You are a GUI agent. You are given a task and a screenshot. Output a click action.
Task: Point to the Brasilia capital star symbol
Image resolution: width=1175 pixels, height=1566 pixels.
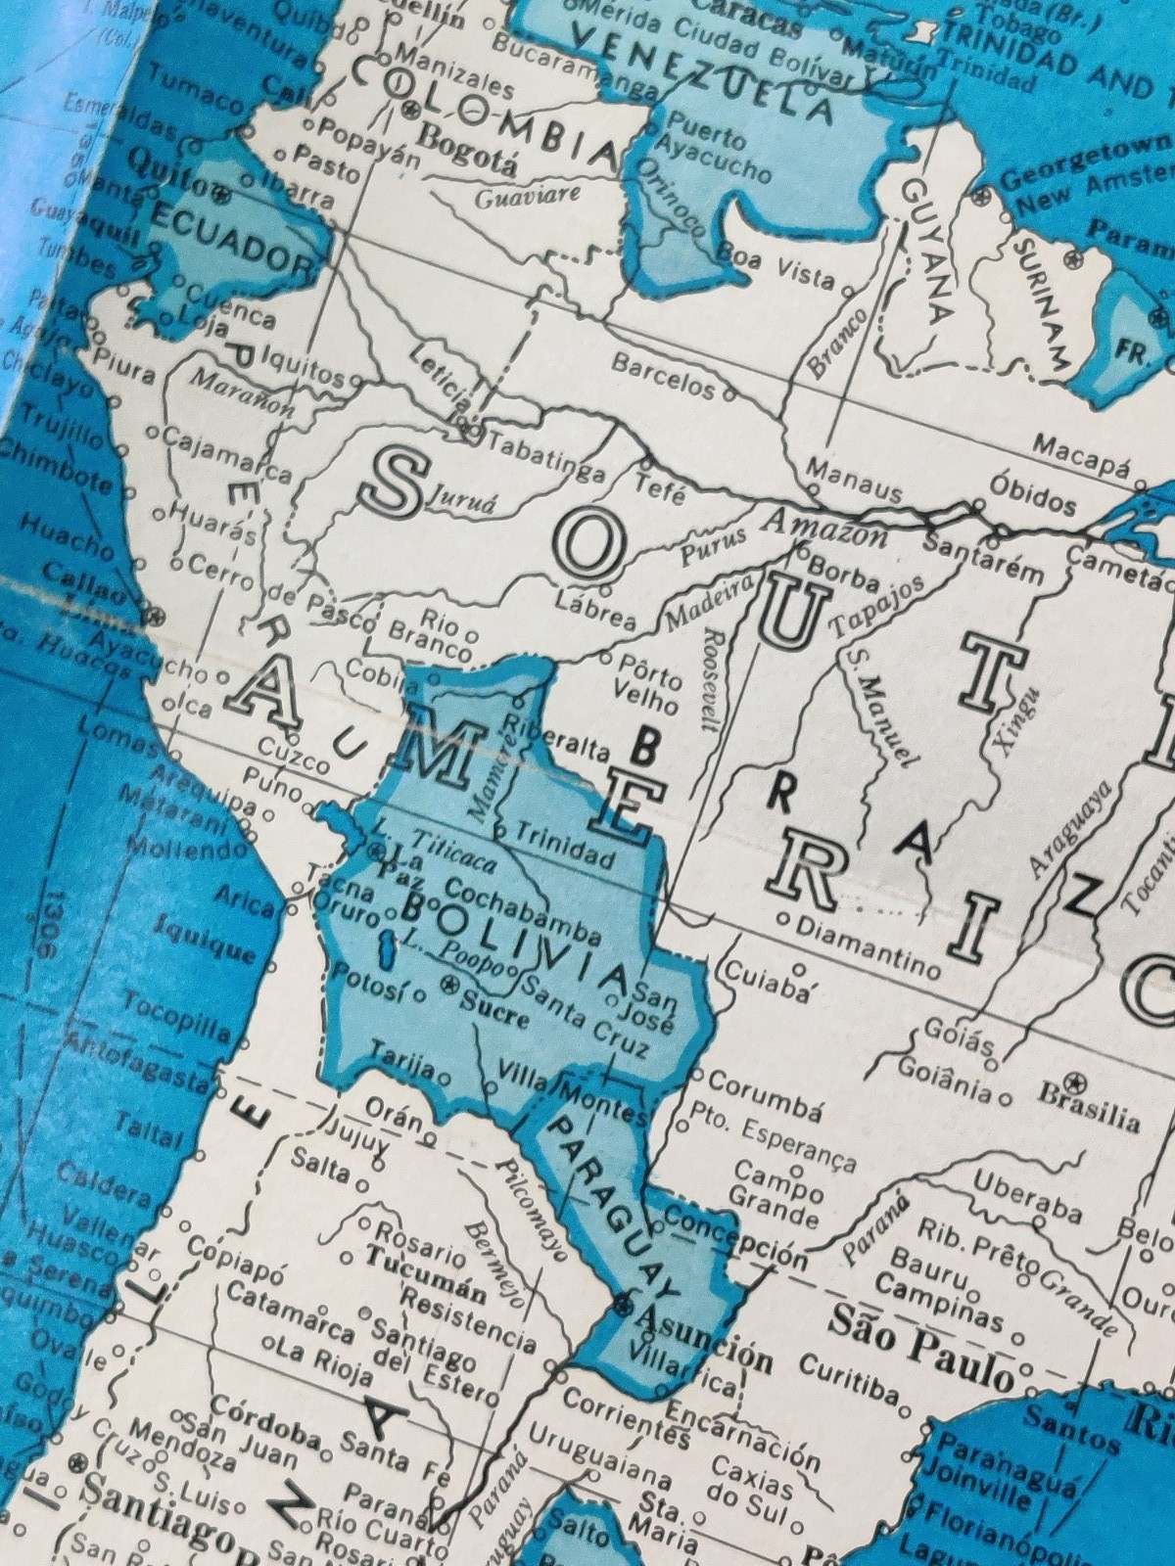coord(1078,1082)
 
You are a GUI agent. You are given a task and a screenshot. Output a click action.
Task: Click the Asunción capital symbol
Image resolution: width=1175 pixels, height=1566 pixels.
coord(624,1305)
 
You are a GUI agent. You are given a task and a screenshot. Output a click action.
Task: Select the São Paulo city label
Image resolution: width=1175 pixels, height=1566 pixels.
coord(920,1346)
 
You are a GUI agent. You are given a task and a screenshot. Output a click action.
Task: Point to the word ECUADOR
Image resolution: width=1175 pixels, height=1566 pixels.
coord(229,238)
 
